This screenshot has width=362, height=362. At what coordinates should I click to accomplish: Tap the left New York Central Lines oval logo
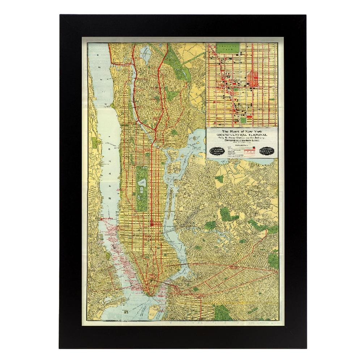pos(216,151)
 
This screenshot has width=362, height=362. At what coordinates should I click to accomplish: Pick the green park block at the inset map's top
pos(228,47)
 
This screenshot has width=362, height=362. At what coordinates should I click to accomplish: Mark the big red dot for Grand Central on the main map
pos(151,224)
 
